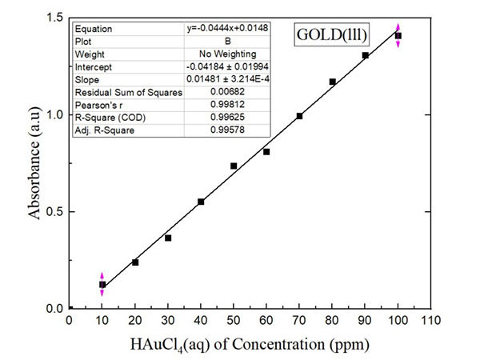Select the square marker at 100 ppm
point(398,36)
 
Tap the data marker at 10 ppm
point(102,284)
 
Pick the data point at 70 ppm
point(299,116)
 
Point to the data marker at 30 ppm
point(168,238)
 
